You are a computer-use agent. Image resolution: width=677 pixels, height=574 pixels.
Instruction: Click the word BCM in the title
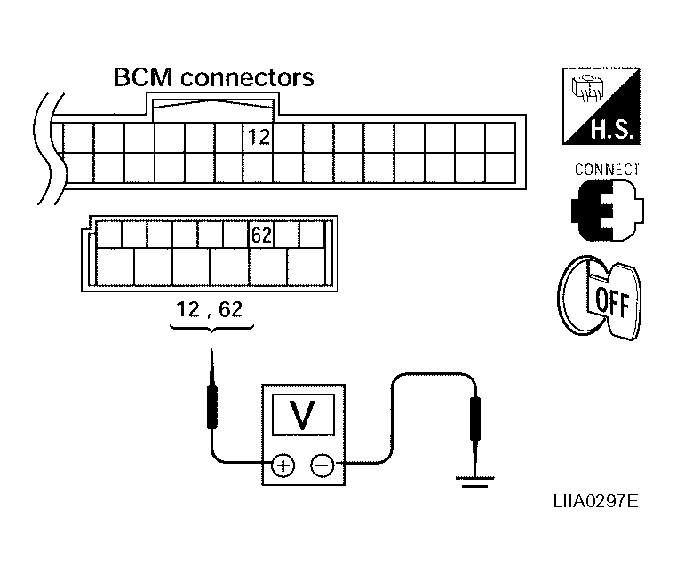pos(142,77)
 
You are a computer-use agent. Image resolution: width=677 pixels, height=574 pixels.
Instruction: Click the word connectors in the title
pos(247,77)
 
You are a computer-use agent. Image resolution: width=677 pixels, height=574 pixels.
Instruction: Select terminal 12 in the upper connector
pos(259,138)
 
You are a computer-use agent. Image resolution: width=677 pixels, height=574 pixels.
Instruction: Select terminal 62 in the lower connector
pos(261,235)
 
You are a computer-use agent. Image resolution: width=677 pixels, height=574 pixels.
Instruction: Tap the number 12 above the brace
pos(187,309)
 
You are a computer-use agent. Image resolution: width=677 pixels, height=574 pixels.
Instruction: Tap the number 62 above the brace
pos(230,309)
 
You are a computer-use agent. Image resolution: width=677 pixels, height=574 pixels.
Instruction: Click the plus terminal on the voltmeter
pos(283,466)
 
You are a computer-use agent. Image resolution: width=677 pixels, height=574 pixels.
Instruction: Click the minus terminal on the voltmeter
pos(323,466)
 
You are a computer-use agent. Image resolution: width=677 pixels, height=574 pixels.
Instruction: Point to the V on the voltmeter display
pos(302,415)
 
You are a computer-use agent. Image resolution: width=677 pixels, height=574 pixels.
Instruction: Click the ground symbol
pos(474,482)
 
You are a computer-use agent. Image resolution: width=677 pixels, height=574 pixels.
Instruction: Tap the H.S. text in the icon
pos(612,129)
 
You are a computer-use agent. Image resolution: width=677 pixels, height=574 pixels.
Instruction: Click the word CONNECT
pos(607,170)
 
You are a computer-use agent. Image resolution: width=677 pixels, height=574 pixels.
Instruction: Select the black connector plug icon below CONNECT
pos(607,211)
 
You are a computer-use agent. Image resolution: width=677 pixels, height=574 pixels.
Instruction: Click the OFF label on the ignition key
pos(612,302)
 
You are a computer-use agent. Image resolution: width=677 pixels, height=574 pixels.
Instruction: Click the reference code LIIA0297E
pos(596,502)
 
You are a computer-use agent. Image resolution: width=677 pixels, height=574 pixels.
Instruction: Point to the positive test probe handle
pos(212,407)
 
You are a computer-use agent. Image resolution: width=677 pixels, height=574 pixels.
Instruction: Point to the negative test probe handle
pos(475,419)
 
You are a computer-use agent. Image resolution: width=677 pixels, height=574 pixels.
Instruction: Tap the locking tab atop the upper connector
pos(213,108)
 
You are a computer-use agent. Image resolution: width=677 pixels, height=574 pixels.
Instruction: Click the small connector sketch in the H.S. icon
pos(585,89)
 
